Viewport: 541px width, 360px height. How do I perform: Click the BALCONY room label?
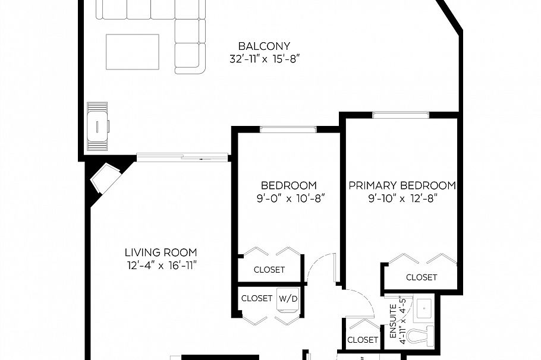click(x=263, y=46)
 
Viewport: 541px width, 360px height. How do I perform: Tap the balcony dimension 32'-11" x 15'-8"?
click(x=263, y=59)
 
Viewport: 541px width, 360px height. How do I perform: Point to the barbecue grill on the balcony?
click(x=97, y=127)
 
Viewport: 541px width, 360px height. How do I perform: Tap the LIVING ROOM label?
click(x=161, y=252)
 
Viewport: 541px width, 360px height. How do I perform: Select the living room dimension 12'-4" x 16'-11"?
click(x=161, y=265)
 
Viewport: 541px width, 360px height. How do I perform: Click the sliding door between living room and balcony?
click(x=183, y=157)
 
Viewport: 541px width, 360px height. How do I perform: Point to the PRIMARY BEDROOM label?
click(x=402, y=185)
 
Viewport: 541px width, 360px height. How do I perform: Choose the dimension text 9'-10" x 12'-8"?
click(x=402, y=198)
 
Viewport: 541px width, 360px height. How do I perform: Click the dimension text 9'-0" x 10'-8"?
click(x=288, y=198)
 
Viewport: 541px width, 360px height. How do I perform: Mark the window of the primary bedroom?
click(x=401, y=115)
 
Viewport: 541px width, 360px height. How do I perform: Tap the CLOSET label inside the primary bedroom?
click(x=422, y=277)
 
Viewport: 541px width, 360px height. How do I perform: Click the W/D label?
click(x=288, y=298)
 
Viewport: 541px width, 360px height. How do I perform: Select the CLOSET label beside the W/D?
click(x=257, y=298)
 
